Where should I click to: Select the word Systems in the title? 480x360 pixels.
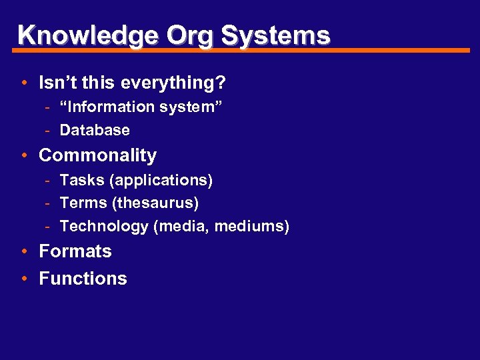point(275,35)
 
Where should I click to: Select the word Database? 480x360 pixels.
point(95,130)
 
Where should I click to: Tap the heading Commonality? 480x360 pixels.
point(98,156)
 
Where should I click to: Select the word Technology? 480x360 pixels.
point(104,226)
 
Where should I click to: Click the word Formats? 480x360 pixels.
point(75,252)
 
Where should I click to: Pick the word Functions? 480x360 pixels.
point(83,279)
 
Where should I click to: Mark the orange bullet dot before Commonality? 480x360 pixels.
point(23,156)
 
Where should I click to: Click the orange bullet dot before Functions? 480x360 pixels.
point(23,279)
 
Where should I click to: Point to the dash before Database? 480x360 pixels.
point(49,130)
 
